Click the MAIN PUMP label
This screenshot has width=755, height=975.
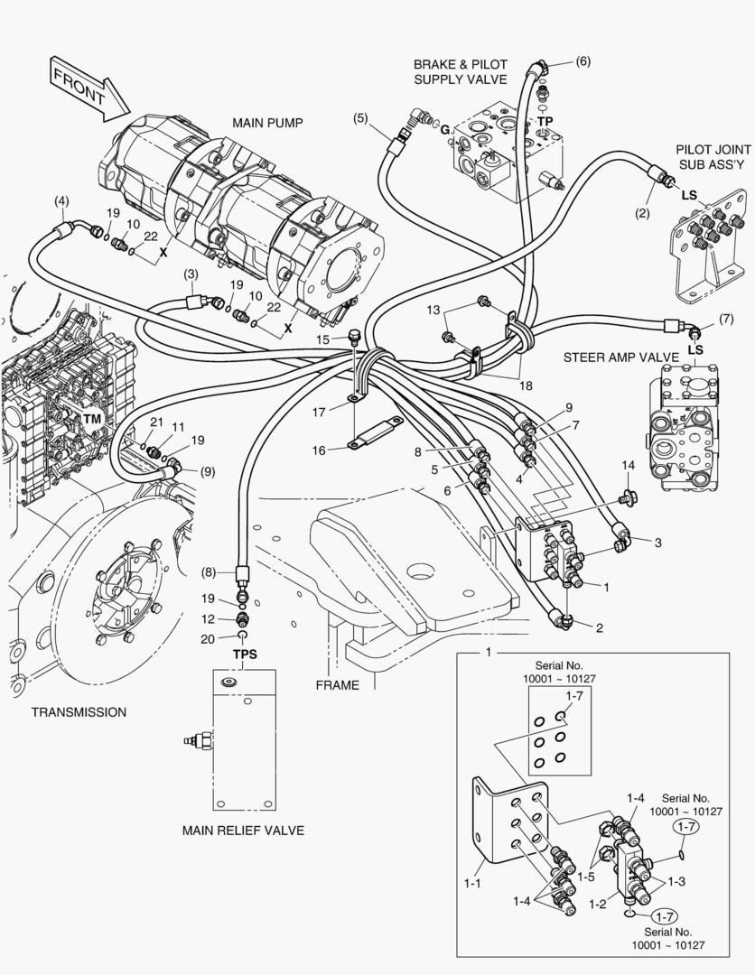(267, 123)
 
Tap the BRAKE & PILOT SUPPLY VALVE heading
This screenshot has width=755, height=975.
(461, 72)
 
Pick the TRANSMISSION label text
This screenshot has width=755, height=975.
(79, 712)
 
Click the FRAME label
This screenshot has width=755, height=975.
(337, 685)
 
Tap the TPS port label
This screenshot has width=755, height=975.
(246, 653)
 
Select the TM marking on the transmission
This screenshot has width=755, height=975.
(93, 419)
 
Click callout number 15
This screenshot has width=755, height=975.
(325, 339)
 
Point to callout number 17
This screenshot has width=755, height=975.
(320, 413)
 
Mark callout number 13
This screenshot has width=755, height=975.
(434, 310)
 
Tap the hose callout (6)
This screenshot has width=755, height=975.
(583, 61)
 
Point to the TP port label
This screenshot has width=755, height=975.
(545, 120)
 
